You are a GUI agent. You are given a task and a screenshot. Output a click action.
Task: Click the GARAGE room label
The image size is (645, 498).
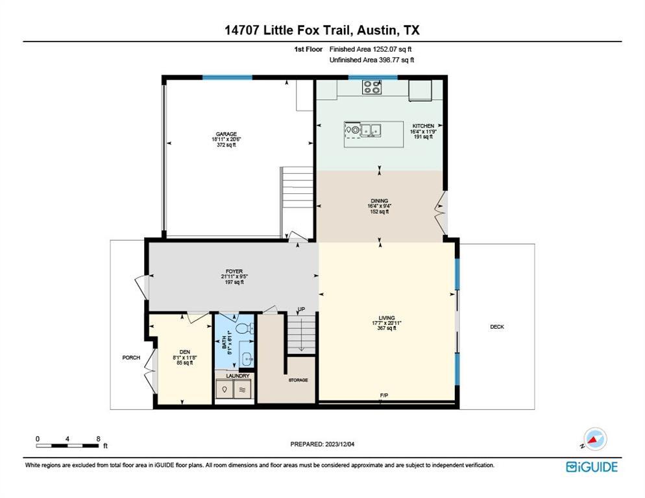coord(226,134)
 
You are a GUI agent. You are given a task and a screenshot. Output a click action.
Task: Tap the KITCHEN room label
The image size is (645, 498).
coord(423,126)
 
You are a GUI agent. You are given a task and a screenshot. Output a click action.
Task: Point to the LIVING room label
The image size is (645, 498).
coord(387,318)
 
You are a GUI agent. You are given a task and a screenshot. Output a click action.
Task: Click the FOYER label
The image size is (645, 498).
coord(234,272)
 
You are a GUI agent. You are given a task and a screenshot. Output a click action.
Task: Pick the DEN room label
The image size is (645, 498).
coord(184,352)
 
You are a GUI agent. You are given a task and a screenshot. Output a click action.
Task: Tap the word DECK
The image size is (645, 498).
coord(496,327)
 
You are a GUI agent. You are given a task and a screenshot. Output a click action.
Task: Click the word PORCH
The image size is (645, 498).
coord(131,357)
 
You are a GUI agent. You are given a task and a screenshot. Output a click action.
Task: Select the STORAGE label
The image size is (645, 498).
coord(298,380)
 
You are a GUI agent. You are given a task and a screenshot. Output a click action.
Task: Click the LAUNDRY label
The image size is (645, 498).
coord(237,375)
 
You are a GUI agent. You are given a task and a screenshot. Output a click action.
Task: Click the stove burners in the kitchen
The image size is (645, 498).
coord(372,86)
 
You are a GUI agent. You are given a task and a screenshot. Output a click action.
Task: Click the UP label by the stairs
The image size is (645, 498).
coord(301,309)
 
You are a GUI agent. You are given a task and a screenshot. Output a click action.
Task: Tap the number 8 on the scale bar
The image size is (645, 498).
coord(98,438)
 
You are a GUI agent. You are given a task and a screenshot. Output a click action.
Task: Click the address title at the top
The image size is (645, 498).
coord(322,30)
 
